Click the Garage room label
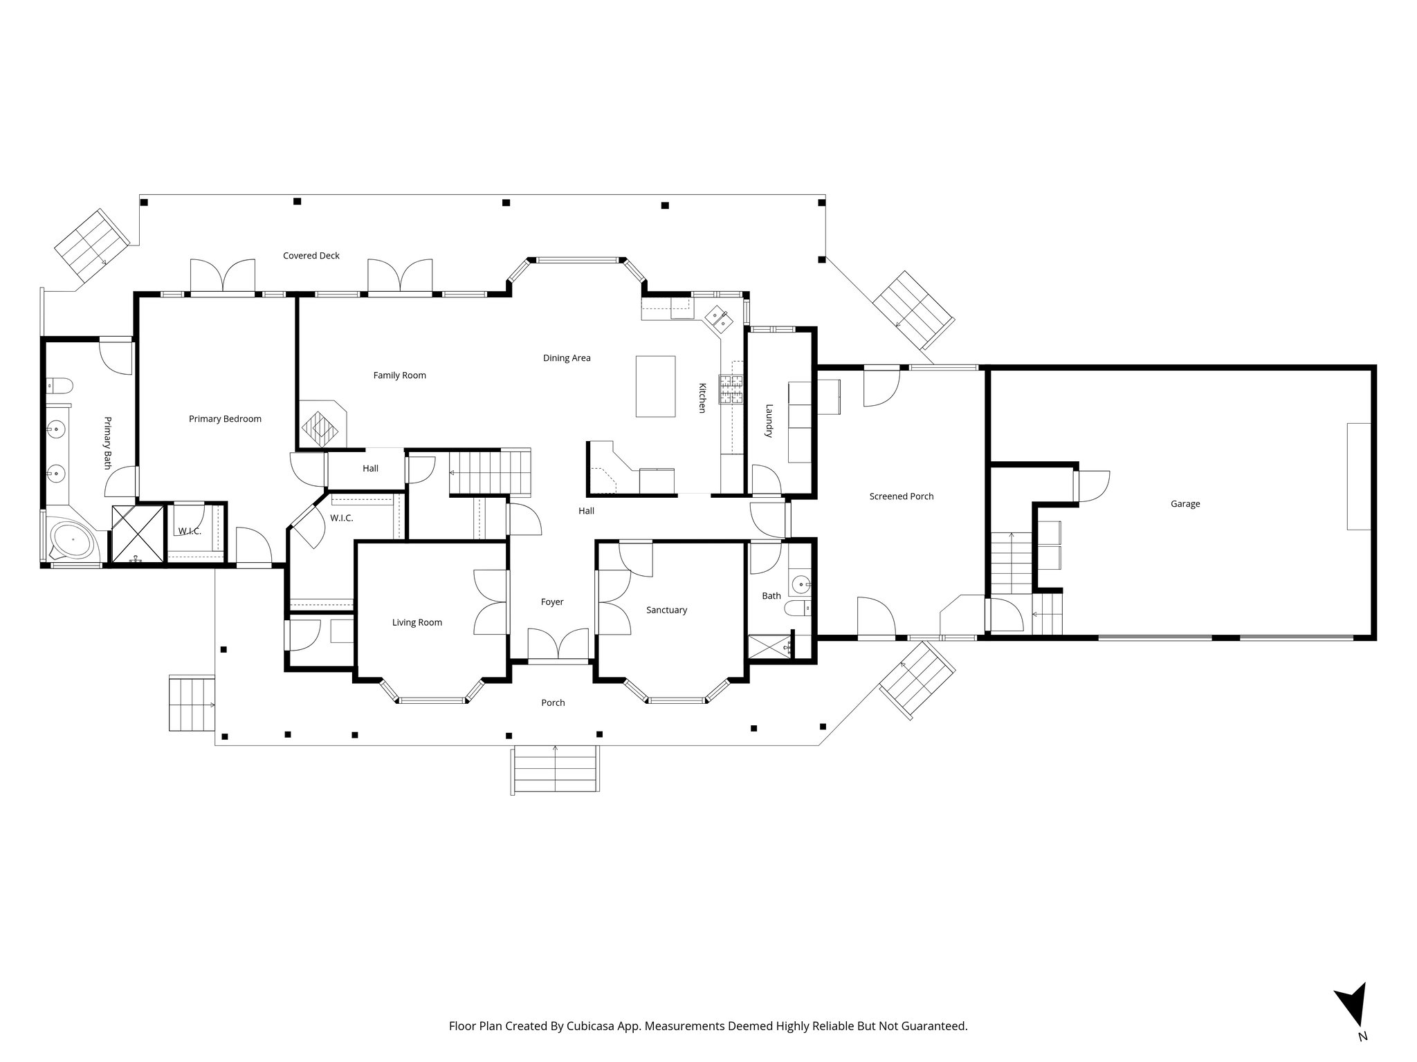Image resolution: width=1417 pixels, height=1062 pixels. (x=1185, y=504)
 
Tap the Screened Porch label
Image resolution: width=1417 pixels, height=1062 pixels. (x=901, y=496)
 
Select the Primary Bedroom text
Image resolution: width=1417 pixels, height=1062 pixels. (x=225, y=419)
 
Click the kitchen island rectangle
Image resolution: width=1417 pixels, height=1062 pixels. (x=655, y=386)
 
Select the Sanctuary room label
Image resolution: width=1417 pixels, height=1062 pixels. (x=666, y=610)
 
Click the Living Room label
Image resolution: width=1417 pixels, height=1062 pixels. (x=417, y=622)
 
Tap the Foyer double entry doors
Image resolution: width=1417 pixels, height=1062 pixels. (x=558, y=645)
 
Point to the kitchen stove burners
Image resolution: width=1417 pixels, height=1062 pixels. (x=731, y=389)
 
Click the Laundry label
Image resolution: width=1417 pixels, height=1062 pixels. (x=768, y=421)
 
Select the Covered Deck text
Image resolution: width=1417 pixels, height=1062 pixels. (x=311, y=256)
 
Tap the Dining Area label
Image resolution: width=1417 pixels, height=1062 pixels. (x=566, y=358)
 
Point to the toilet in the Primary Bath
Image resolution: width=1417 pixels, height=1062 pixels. (x=57, y=386)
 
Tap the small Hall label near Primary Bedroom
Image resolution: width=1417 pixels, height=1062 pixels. (x=370, y=469)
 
